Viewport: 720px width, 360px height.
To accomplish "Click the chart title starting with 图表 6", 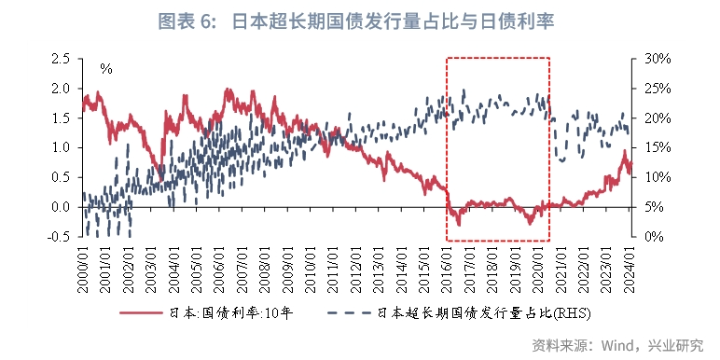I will pos(359,20).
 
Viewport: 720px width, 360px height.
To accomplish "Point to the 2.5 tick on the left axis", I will pos(61,58).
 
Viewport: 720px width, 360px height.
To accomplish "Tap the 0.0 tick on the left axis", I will pos(61,207).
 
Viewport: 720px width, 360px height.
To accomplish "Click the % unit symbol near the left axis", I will pos(106,69).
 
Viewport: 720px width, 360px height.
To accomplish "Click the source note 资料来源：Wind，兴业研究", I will pos(617,345).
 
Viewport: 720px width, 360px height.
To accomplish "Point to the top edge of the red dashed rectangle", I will pos(498,58).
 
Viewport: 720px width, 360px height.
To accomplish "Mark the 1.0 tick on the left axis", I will pos(61,147).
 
